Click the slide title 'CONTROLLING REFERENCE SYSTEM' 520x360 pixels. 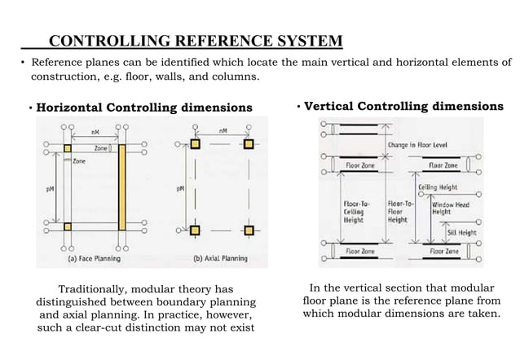click(196, 42)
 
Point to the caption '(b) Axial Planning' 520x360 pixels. click(218, 258)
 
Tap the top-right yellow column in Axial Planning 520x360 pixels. click(248, 145)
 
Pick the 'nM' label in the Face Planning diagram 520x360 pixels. click(95, 131)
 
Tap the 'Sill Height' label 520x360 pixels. click(461, 231)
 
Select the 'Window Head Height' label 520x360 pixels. click(449, 209)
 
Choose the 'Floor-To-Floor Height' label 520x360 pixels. click(398, 210)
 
